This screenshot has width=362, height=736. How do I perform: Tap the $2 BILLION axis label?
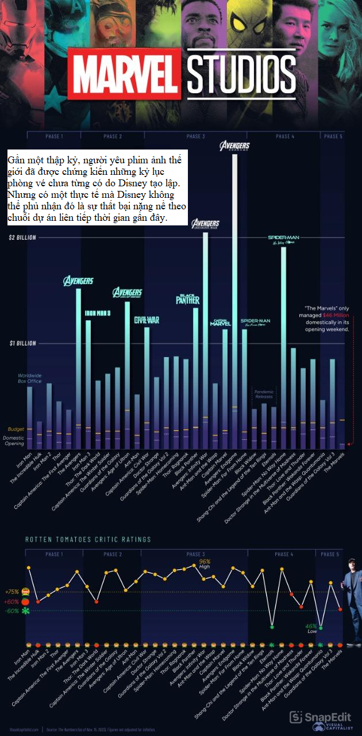22,237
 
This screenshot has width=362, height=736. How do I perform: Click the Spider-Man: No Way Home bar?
283,345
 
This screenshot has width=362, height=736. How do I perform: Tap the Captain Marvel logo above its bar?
221,323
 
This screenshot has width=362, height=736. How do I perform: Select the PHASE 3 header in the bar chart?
195,136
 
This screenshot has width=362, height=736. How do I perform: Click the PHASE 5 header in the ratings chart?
329,554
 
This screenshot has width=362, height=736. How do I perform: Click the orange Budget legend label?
16,430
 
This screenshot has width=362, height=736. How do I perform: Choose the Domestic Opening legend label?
14,440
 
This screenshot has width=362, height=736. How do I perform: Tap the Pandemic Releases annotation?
264,394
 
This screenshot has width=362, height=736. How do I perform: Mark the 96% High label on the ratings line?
205,563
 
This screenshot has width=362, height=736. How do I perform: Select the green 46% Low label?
311,628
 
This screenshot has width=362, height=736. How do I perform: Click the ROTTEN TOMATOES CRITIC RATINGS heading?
88,539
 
